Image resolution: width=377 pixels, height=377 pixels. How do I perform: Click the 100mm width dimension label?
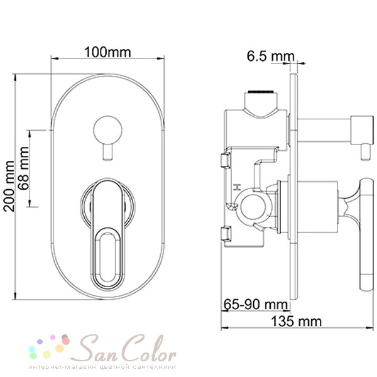[107, 52]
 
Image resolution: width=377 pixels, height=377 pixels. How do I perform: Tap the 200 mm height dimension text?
[9, 186]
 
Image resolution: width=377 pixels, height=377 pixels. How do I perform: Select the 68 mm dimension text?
[25, 168]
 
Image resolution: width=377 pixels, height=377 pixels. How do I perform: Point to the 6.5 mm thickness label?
[270, 57]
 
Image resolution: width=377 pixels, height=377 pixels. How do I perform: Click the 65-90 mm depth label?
[256, 304]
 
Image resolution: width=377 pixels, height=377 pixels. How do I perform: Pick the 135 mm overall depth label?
[296, 321]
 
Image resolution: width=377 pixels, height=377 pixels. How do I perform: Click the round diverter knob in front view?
[107, 130]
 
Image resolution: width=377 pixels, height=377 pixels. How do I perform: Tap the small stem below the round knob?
[107, 151]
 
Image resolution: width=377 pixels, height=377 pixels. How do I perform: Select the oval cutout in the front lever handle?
[107, 257]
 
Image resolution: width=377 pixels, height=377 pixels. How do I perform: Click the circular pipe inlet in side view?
[254, 206]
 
